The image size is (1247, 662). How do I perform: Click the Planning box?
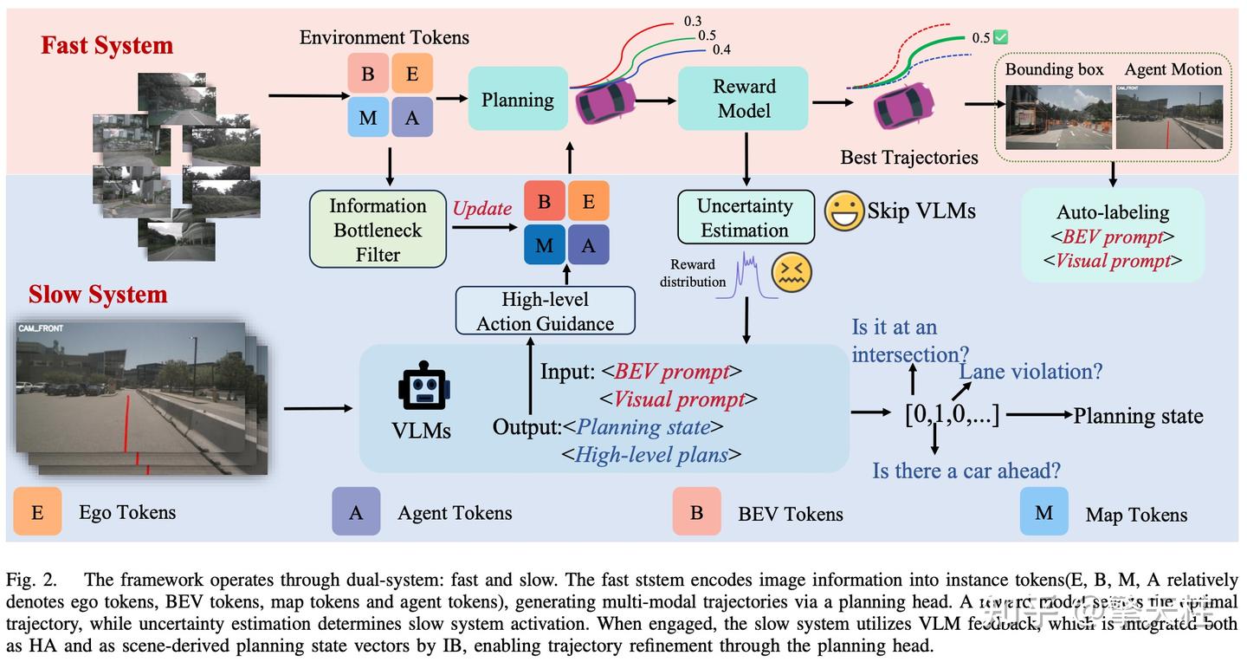(x=518, y=100)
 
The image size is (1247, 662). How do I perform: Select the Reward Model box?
(x=743, y=99)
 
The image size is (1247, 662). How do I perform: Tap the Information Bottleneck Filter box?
(x=378, y=230)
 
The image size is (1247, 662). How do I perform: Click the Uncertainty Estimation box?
(x=745, y=217)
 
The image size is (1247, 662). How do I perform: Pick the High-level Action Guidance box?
(x=546, y=311)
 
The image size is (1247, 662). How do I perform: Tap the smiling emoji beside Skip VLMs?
(x=843, y=211)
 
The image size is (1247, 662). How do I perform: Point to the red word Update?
(x=482, y=209)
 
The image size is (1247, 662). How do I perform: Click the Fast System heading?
(x=107, y=45)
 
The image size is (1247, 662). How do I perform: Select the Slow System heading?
(x=97, y=294)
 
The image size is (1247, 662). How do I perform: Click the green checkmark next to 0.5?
(x=1000, y=37)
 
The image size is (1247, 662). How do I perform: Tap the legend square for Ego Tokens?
(x=37, y=512)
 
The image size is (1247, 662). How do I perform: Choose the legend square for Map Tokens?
(x=1044, y=513)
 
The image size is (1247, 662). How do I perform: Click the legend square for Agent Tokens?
(x=356, y=512)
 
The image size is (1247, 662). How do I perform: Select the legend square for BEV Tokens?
(x=696, y=512)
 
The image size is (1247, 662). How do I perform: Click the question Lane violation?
(x=1031, y=372)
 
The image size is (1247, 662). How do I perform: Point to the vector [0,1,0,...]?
(x=952, y=415)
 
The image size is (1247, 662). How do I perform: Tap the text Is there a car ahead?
(x=966, y=471)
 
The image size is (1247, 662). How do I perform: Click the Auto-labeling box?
(x=1113, y=236)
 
